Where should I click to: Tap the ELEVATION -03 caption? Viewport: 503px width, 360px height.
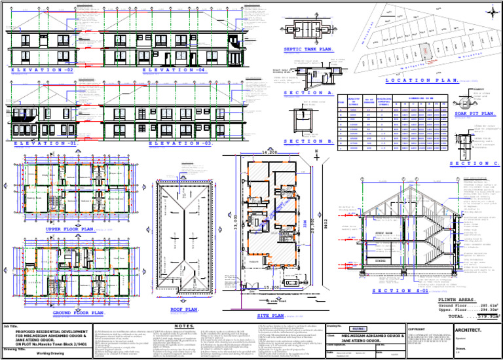coord(180,143)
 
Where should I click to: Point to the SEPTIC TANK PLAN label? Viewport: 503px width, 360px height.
coord(308,49)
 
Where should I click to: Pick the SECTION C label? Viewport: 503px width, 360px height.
coord(475,164)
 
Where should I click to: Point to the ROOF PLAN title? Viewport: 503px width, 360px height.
coord(184,309)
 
